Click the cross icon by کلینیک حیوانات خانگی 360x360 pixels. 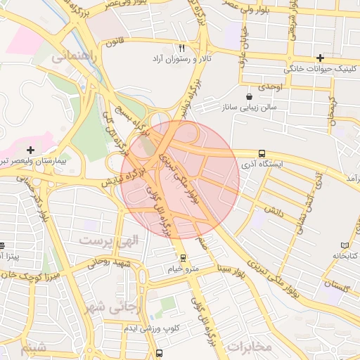321,58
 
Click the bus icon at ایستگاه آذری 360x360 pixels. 262,153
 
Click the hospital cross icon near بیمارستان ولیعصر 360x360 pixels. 30,150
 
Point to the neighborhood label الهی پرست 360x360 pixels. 109,240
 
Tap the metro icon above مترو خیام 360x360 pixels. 184,258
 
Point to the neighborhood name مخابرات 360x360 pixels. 250,346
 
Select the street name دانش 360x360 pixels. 274,210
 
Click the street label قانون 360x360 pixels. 115,41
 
